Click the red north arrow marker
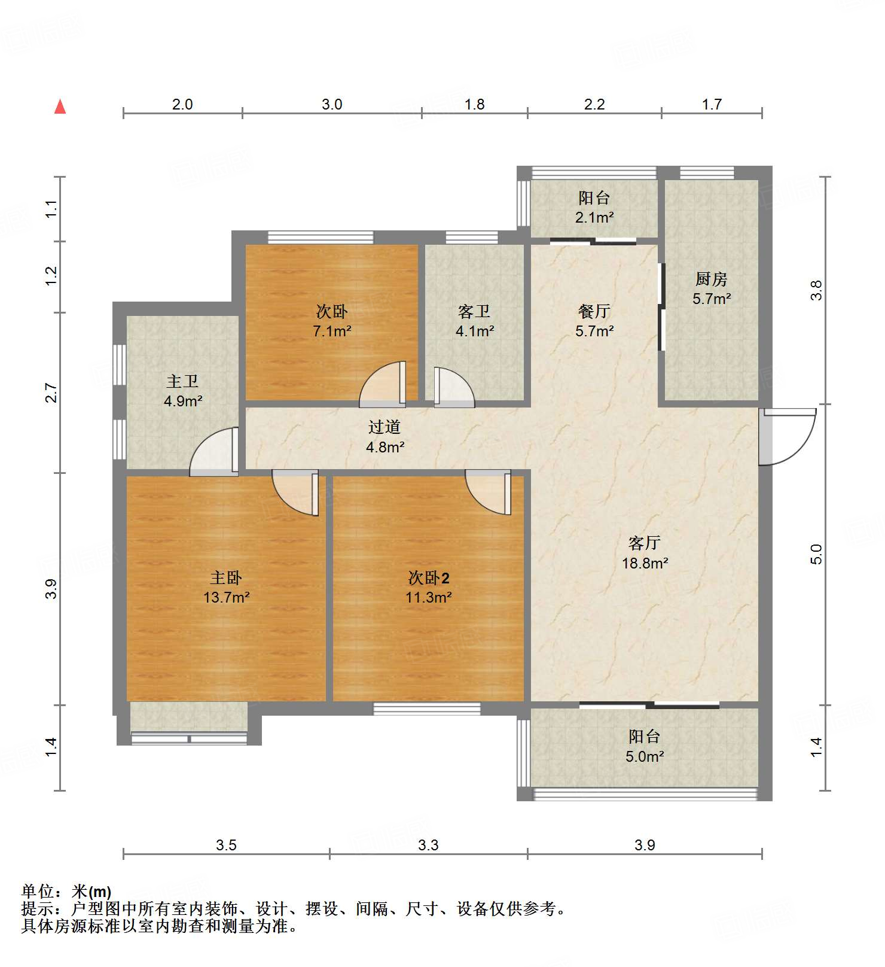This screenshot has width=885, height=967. [x=60, y=107]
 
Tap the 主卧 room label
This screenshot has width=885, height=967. [x=226, y=577]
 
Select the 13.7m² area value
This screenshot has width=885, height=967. [x=226, y=597]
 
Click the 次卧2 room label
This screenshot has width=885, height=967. [x=429, y=577]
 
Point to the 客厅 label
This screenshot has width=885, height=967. [x=645, y=543]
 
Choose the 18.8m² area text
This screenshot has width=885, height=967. [x=645, y=562]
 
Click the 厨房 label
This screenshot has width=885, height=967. [x=712, y=279]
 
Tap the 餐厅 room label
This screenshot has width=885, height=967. [x=594, y=311]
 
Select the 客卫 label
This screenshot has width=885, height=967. [x=474, y=311]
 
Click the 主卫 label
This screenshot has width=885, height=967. [x=182, y=381]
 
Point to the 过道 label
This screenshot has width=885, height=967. [x=384, y=427]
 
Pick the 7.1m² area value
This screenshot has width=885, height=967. [x=332, y=331]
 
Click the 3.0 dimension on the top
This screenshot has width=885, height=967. [x=332, y=104]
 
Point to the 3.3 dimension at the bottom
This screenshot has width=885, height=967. [x=428, y=845]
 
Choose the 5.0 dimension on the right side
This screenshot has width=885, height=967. [x=817, y=554]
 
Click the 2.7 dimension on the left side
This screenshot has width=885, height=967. [x=51, y=393]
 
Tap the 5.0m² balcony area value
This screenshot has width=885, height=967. [x=645, y=756]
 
